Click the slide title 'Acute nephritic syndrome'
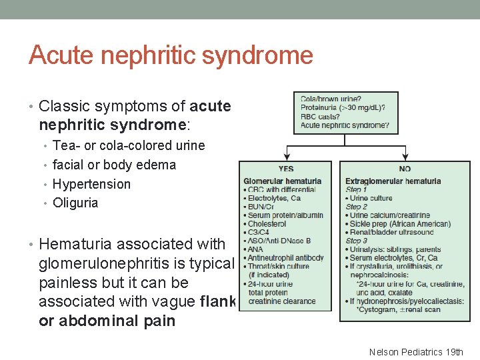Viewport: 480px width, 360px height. point(171,55)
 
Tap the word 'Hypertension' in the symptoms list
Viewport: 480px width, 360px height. point(91,184)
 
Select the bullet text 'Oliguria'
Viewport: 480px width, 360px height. point(75,203)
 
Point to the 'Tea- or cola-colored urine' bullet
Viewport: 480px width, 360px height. point(129,145)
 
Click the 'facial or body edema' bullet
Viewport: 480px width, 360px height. point(114,165)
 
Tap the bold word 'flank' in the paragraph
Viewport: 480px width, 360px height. point(218,301)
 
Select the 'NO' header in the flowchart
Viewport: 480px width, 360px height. point(404,169)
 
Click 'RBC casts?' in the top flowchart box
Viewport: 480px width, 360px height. point(319,117)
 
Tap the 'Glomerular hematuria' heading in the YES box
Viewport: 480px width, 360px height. point(283,181)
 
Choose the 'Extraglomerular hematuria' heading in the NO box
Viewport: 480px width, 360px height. point(393,181)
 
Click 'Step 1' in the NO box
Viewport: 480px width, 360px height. point(356,189)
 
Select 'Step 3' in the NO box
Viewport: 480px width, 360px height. point(356,241)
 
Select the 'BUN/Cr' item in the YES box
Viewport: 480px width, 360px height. point(262,207)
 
